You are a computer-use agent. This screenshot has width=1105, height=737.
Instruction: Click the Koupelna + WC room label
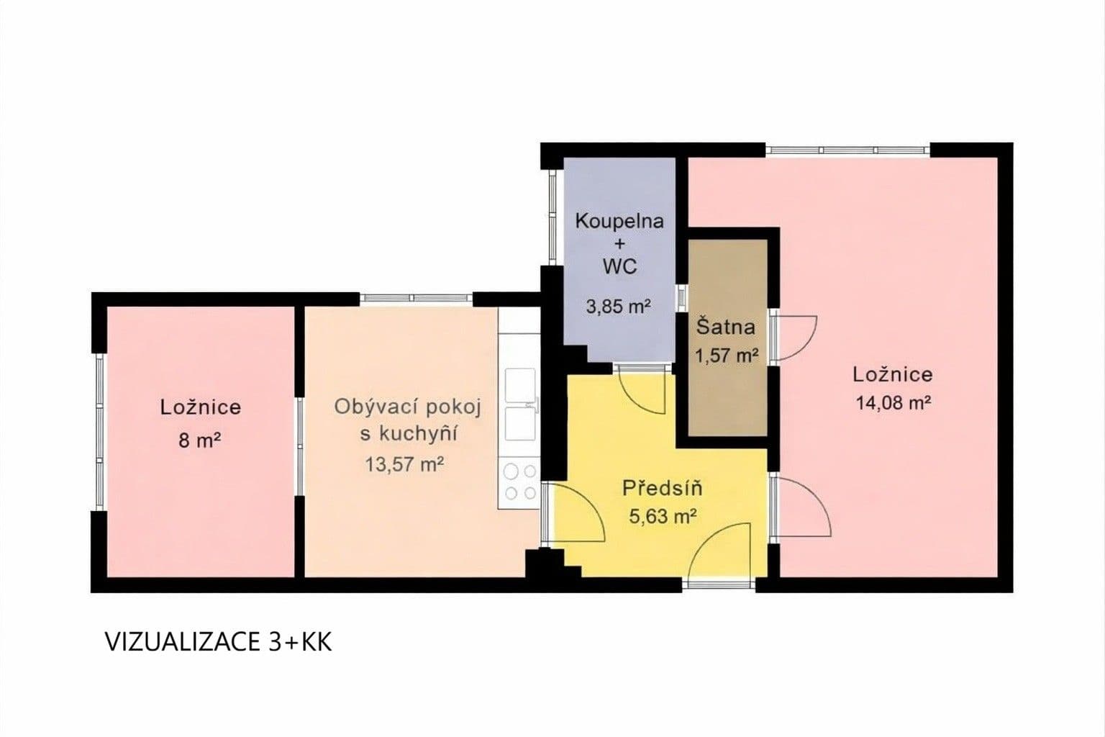(619, 243)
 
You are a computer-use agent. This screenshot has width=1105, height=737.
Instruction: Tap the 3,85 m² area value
(619, 307)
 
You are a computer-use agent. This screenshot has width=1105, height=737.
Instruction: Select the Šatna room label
(726, 327)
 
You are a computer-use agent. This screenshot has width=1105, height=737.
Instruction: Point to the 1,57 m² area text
(727, 355)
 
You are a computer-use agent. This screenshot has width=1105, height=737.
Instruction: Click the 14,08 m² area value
(893, 403)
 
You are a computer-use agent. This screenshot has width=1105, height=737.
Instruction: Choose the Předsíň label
(662, 489)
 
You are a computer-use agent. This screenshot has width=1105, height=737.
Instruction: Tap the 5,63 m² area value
(663, 517)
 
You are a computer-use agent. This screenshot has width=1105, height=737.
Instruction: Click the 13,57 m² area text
(404, 464)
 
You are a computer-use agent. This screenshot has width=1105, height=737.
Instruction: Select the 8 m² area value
(199, 440)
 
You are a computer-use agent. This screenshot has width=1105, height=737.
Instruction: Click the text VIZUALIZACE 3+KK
(219, 642)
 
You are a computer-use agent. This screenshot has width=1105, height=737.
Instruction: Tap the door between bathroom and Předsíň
(640, 389)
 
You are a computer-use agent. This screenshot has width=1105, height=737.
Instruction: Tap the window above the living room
(416, 298)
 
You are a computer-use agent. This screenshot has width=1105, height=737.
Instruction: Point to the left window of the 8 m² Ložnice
(100, 432)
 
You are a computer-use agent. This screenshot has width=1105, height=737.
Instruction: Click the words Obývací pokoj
(407, 407)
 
